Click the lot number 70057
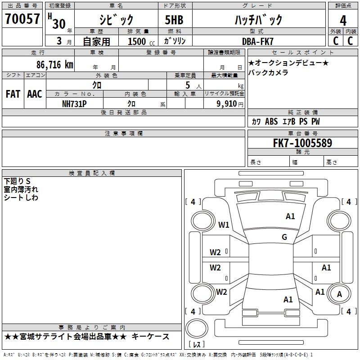pyautogui.click(x=22, y=18)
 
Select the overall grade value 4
pyautogui.click(x=343, y=20)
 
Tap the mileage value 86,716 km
pyautogui.click(x=55, y=64)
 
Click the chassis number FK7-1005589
pyautogui.click(x=302, y=143)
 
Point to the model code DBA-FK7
pyautogui.click(x=257, y=41)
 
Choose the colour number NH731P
pyautogui.click(x=74, y=104)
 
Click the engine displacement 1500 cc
pyautogui.click(x=141, y=41)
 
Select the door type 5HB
pyautogui.click(x=174, y=20)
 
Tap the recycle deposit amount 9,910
pyautogui.click(x=227, y=104)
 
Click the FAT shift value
pyautogui.click(x=13, y=94)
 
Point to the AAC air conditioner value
pyautogui.click(x=35, y=94)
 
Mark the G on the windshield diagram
pyautogui.click(x=284, y=237)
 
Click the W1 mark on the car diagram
pyautogui.click(x=224, y=225)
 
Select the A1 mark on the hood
pyautogui.click(x=290, y=216)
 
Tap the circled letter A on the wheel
pyautogui.click(x=339, y=294)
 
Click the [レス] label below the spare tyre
pyautogui.click(x=196, y=344)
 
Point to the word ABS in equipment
pyautogui.click(x=271, y=121)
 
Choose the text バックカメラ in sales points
pyautogui.click(x=268, y=72)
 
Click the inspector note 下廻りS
pyautogui.click(x=17, y=181)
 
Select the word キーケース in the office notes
pyautogui.click(x=150, y=337)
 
